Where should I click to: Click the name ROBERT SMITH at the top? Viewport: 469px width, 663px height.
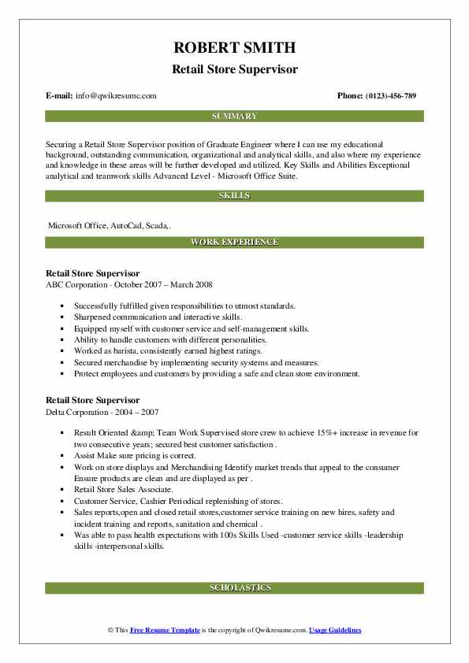tap(234, 49)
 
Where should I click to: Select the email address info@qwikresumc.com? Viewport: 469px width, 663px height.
tap(115, 95)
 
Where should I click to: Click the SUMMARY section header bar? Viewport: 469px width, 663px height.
tap(234, 117)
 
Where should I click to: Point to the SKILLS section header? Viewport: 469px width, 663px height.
tap(234, 195)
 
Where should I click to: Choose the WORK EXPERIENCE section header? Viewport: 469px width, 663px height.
tap(234, 243)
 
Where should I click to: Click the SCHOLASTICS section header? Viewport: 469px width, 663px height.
tap(234, 587)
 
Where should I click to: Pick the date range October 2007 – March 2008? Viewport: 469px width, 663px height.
tap(169, 284)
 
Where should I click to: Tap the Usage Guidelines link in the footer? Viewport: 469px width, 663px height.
tap(335, 631)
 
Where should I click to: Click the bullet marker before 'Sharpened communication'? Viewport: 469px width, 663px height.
tap(61, 317)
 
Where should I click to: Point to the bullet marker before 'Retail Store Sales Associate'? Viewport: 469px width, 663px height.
tap(61, 489)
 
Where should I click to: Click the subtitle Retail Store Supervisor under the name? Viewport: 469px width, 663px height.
tap(234, 69)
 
